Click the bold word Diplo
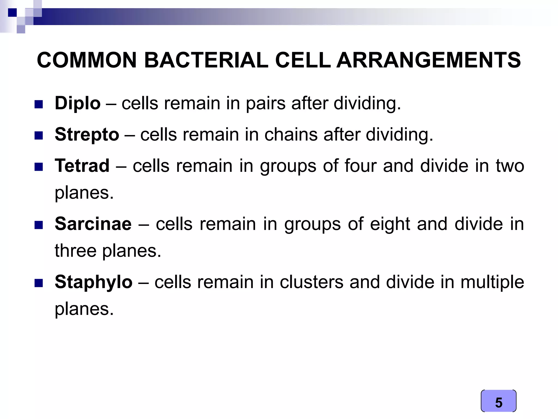point(77,104)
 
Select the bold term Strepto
point(87,134)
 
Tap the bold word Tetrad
point(82,166)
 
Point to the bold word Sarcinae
point(93,224)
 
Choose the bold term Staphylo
point(93,282)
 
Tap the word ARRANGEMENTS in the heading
point(428,60)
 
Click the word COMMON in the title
point(87,60)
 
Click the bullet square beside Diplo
point(39,105)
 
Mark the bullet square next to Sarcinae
point(39,225)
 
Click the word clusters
point(311,282)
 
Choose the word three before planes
point(75,251)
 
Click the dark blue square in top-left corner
point(12,13)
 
